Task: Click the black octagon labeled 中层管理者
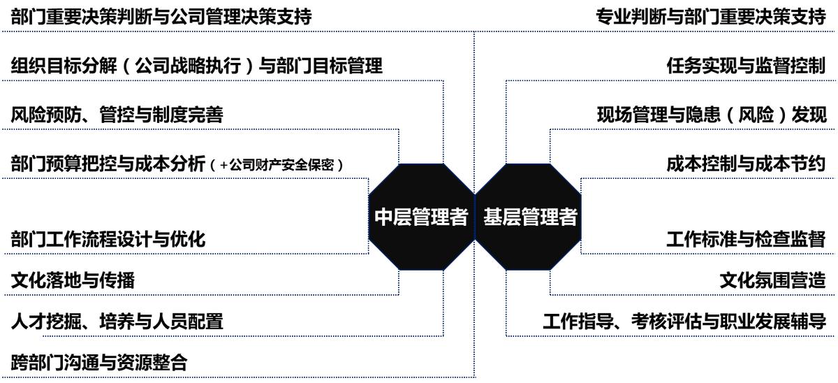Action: tap(421, 217)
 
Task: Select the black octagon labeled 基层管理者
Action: tap(529, 217)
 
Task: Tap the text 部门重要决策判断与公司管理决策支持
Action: tap(161, 17)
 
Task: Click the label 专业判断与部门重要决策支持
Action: tap(711, 17)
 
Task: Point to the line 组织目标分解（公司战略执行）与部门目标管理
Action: tap(197, 66)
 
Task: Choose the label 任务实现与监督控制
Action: tap(746, 66)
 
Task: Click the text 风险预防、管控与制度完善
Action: tap(117, 115)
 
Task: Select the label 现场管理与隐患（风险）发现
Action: tap(711, 115)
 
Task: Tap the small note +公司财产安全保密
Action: tap(278, 166)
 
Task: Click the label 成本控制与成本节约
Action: tap(746, 164)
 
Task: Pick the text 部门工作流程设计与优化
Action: tap(108, 238)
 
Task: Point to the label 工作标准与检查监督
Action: tap(746, 238)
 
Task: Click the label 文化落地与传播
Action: tap(73, 280)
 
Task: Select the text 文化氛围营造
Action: tap(772, 280)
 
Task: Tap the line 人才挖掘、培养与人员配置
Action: tap(117, 321)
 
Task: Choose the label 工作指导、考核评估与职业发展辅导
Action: tap(684, 321)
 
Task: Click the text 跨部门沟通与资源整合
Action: tap(99, 363)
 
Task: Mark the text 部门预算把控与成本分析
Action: tap(108, 164)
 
